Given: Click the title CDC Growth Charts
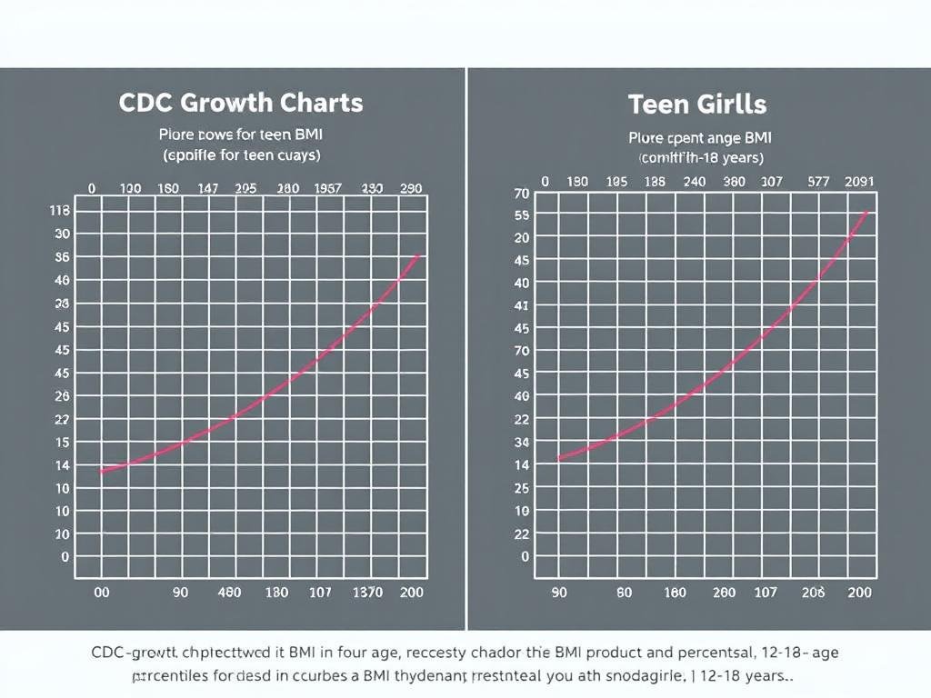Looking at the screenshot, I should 241,102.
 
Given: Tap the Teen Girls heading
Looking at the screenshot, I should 697,104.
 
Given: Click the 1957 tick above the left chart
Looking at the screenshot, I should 327,188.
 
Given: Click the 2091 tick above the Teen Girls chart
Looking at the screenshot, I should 858,181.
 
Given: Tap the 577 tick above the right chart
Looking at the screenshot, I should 819,181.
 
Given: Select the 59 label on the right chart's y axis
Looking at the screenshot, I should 521,215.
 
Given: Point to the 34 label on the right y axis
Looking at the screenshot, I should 521,442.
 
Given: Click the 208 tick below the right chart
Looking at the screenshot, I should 813,592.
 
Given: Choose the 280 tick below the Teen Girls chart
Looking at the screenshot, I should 724,592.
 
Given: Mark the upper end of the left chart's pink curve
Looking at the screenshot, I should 417,255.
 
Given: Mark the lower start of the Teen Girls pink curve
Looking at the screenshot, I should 557,459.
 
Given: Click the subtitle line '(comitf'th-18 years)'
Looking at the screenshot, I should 701,157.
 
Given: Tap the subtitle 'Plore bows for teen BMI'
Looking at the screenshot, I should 241,135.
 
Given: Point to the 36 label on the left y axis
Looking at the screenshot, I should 62,256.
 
